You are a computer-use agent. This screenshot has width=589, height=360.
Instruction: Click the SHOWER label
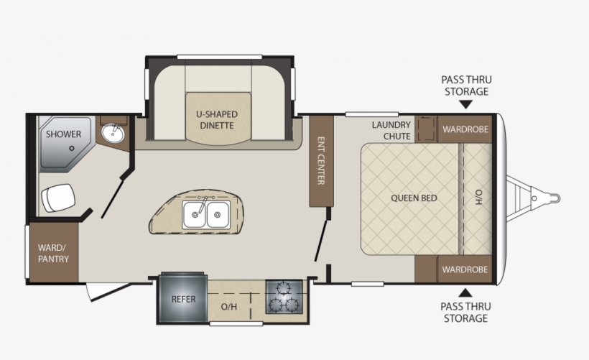[64, 134]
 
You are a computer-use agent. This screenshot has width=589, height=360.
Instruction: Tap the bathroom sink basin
[113, 133]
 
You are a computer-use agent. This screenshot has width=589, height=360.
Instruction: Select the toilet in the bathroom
[57, 198]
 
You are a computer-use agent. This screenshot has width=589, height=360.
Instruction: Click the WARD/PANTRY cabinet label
[54, 253]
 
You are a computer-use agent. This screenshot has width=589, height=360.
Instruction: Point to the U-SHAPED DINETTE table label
[217, 119]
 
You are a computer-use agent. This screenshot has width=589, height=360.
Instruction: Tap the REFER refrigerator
[182, 298]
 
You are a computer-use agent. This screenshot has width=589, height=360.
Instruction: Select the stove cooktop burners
[285, 297]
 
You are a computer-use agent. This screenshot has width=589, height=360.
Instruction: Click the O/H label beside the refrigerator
[228, 307]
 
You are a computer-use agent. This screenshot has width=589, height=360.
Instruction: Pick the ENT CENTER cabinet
[321, 160]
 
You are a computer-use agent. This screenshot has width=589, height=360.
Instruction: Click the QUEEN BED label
[414, 198]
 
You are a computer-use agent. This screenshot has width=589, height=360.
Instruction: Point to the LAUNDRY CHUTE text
[391, 130]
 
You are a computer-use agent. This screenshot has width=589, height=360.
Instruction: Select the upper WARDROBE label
[465, 130]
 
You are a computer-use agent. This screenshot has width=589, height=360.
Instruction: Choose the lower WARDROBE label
[465, 269]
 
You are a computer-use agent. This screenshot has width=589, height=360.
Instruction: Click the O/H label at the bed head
[478, 198]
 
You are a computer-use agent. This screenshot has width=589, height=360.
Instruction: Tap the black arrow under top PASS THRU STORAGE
[465, 104]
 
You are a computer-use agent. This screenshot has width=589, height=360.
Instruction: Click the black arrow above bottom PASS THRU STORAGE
[465, 292]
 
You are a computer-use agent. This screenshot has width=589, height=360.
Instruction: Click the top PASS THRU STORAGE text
[465, 86]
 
